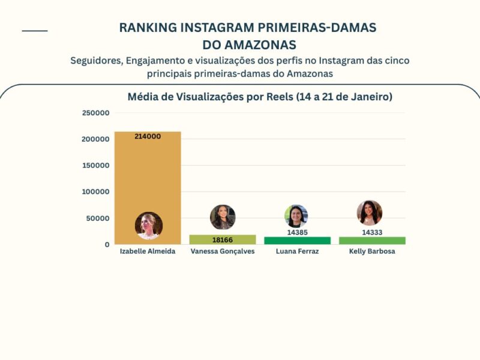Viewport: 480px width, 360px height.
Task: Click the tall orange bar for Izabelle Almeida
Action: coord(148,174)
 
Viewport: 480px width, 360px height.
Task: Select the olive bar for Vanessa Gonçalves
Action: coord(223,240)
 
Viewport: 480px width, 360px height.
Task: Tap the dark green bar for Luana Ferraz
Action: coord(297,241)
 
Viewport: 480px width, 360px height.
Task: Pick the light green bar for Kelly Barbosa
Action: coord(372,241)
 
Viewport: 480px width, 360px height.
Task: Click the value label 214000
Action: coord(148,136)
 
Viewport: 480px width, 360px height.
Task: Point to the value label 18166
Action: coord(223,240)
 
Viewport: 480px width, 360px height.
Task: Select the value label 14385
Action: coord(297,232)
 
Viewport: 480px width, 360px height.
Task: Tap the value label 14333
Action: coord(372,232)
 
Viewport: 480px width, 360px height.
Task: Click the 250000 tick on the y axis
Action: coord(95,113)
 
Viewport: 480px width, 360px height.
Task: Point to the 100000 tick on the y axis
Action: coord(95,192)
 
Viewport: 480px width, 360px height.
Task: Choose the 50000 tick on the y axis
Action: coord(98,218)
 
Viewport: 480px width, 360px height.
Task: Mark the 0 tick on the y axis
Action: coord(107,245)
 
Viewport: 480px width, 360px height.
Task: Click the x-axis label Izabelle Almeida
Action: coord(148,251)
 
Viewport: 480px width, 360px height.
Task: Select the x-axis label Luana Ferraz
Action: coord(297,251)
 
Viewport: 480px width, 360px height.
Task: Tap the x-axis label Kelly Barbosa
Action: coord(372,251)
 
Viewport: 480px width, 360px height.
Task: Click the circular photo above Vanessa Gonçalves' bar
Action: coord(223,217)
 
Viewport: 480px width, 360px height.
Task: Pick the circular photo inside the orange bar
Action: coord(149,225)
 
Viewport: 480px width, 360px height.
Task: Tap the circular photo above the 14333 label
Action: coord(370,213)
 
